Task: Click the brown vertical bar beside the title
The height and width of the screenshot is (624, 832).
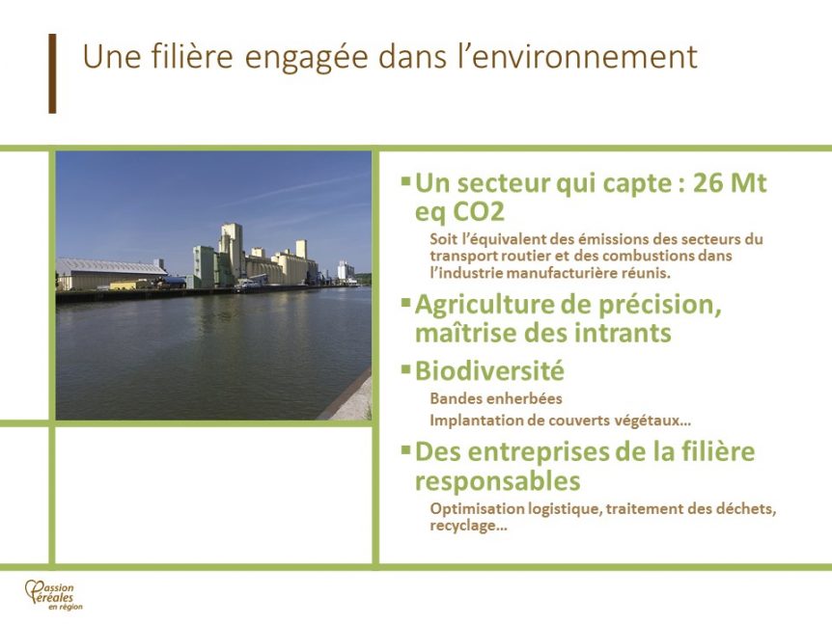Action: (x=52, y=73)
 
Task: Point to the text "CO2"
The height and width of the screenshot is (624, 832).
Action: (x=478, y=212)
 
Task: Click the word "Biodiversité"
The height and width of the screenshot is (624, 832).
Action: (x=489, y=370)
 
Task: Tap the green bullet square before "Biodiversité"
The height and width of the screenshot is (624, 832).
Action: (x=406, y=367)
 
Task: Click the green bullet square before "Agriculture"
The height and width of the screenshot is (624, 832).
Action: (x=406, y=302)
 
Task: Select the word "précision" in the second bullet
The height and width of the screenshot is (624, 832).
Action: (x=660, y=306)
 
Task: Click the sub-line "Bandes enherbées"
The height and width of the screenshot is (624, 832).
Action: (x=495, y=398)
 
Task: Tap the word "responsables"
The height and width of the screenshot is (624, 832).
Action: (x=497, y=482)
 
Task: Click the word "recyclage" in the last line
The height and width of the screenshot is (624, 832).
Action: (x=463, y=527)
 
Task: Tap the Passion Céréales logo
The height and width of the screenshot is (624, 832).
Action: (x=54, y=595)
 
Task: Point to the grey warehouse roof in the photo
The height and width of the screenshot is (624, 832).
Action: (x=110, y=265)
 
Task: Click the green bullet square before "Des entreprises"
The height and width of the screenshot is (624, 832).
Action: (x=406, y=449)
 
